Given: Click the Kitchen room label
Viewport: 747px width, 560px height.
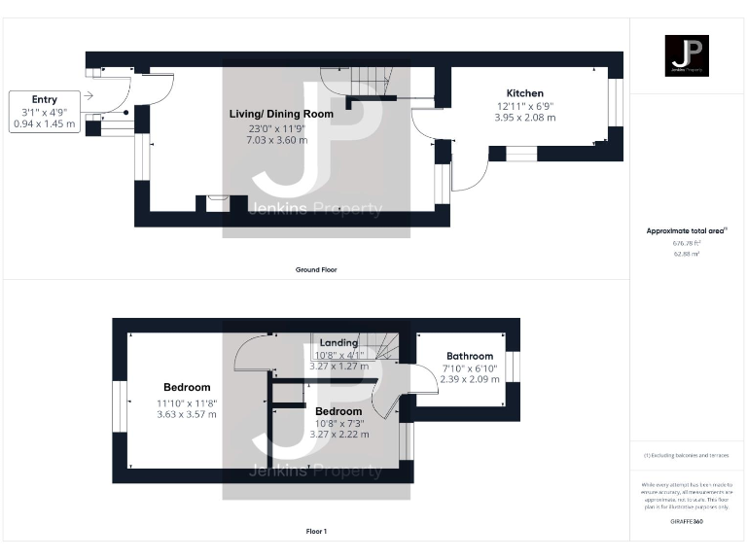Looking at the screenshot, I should click(x=524, y=93).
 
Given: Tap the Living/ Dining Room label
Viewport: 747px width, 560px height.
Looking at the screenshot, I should click(x=281, y=114).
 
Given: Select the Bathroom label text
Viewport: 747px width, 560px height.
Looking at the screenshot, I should click(x=470, y=356).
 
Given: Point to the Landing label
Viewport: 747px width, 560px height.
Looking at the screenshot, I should click(x=338, y=342).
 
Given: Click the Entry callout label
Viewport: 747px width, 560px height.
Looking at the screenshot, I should click(x=45, y=99).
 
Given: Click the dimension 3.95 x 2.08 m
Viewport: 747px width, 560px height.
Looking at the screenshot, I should click(x=524, y=118).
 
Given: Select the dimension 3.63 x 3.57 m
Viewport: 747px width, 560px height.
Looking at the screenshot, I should click(x=187, y=414).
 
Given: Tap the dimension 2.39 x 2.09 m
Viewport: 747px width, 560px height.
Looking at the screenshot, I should click(x=470, y=379).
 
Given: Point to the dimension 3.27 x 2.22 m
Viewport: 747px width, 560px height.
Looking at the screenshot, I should click(x=338, y=435).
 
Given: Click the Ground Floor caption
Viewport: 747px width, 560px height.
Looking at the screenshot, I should click(x=316, y=269).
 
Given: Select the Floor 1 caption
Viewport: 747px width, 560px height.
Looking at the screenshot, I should click(x=316, y=532).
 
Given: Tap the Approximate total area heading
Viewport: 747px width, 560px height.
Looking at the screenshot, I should click(x=687, y=230).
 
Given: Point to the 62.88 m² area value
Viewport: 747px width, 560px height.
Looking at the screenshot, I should click(x=687, y=253).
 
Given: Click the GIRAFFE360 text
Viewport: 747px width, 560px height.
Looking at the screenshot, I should click(x=687, y=522).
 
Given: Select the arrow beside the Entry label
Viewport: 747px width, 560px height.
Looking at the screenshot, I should click(x=89, y=95).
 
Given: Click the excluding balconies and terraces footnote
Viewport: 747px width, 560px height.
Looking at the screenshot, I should click(x=687, y=455).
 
